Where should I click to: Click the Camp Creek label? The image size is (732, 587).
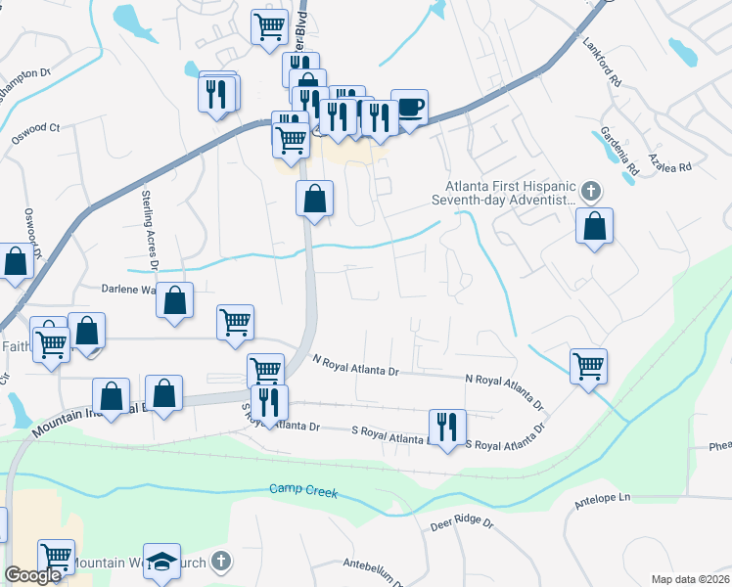304,491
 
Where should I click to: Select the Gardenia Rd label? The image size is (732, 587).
620,145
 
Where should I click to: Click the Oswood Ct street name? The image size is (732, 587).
41,128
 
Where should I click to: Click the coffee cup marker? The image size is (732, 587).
409,106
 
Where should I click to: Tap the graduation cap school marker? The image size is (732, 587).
161,561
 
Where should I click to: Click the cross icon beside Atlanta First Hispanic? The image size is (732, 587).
589,189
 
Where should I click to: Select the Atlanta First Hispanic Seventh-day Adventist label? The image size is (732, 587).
507,193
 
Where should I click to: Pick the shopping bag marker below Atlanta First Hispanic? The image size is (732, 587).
594,226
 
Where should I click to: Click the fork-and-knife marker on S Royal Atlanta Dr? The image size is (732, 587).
447,427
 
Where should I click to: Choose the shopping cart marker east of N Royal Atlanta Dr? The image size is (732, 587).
588,367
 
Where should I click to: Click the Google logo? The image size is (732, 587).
32,576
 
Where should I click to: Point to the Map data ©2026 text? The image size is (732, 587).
691,579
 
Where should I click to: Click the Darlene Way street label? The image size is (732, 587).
129,290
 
